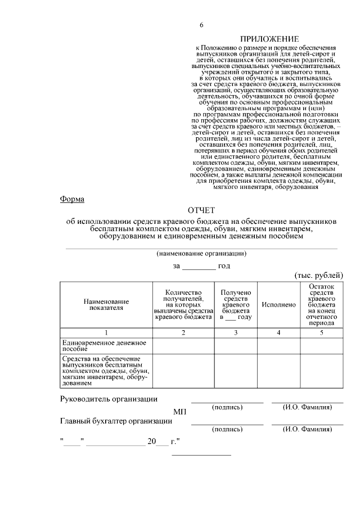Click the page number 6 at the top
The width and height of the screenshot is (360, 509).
coord(201,25)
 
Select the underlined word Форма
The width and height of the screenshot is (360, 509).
coord(72,199)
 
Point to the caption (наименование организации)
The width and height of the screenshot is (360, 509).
coord(201,253)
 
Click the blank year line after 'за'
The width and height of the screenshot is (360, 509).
coord(199,266)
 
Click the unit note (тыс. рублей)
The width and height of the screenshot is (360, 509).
coord(318,275)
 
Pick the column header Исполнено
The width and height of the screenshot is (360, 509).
coord(278,304)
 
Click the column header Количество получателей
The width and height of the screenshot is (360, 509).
coord(183,304)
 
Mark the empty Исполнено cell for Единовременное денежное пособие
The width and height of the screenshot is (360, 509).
coord(278,345)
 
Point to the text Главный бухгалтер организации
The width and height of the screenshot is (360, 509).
coord(116,421)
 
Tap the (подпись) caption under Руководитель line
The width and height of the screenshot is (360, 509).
coord(227,407)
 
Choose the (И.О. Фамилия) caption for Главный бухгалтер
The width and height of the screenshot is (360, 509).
coord(307,429)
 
